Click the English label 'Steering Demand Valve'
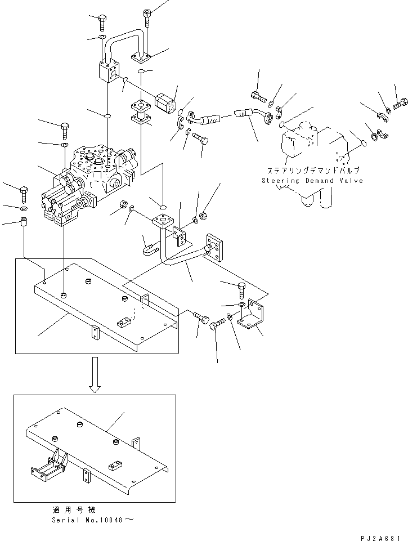pyautogui.click(x=312, y=181)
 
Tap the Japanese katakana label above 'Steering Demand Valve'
pyautogui.click(x=312, y=169)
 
